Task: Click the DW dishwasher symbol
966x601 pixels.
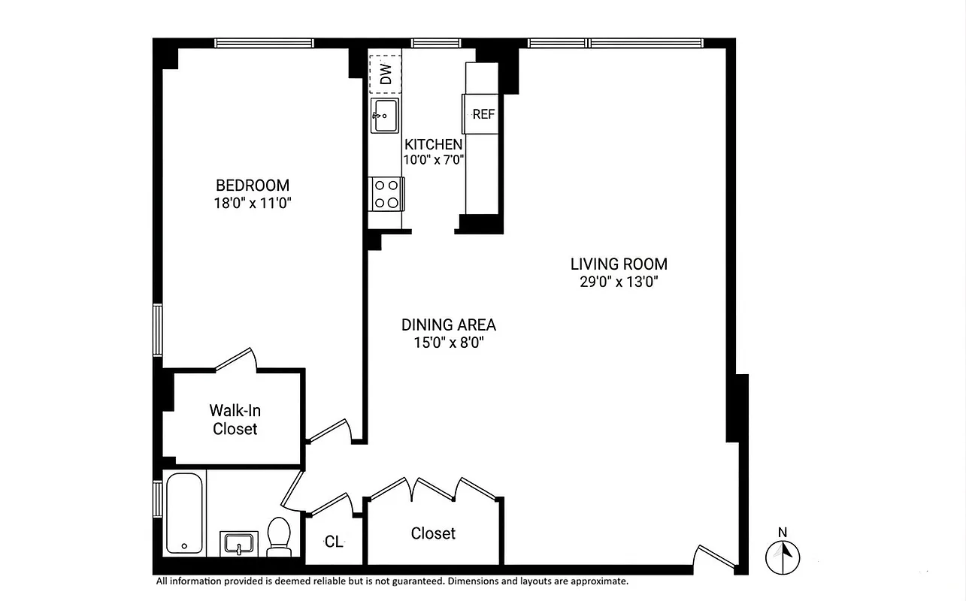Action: [385, 74]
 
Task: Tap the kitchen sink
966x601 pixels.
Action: [385, 116]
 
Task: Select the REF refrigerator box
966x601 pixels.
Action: [483, 114]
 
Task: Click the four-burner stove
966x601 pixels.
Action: [386, 193]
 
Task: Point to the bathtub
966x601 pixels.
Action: [186, 514]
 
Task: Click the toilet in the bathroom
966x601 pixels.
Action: [280, 536]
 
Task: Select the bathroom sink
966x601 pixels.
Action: [239, 543]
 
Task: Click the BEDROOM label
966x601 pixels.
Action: [252, 185]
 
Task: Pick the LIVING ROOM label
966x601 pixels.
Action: [619, 264]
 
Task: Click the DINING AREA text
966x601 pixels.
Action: [448, 325]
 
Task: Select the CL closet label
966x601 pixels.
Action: [334, 542]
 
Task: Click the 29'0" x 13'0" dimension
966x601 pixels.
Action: [619, 282]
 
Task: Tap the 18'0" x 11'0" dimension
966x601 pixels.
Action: [252, 202]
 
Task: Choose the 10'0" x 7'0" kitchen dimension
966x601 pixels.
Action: [435, 159]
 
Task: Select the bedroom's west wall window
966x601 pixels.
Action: [158, 329]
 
